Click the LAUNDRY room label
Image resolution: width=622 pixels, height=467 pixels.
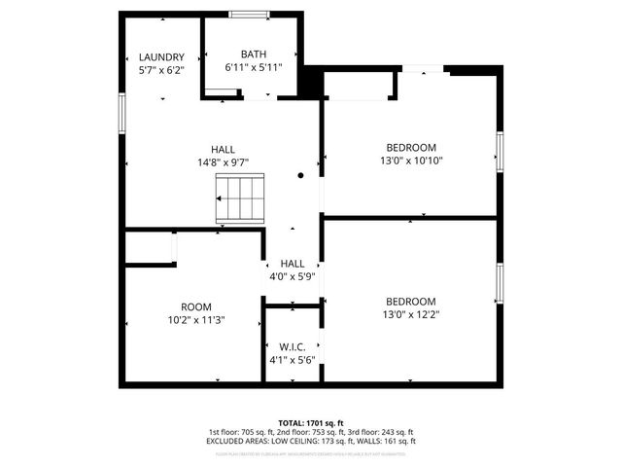[161, 57]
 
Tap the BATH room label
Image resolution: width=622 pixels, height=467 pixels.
[254, 54]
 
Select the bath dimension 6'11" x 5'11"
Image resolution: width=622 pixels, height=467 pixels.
[254, 68]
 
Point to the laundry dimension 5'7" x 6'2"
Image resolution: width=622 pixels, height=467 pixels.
[161, 71]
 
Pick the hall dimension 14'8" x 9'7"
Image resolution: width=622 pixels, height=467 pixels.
[223, 163]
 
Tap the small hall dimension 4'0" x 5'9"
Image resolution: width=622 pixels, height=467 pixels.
[293, 277]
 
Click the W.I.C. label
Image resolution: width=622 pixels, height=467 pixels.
[293, 347]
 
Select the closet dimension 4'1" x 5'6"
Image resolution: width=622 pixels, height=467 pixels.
[293, 361]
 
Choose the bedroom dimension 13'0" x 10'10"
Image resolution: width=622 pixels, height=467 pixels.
[410, 161]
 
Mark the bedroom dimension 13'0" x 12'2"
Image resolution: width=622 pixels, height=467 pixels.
[410, 315]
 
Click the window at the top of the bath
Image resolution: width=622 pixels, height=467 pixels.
[250, 14]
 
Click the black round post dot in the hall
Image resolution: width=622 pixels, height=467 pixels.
[301, 175]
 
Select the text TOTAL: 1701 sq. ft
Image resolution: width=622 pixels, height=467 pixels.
[311, 423]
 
